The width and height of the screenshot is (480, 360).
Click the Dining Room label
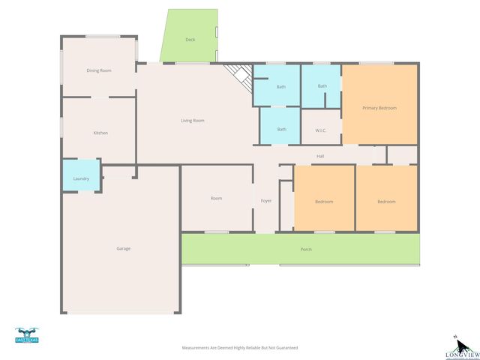point(99,70)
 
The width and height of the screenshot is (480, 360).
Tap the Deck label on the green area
point(190,40)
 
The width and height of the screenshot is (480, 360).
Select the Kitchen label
point(100,133)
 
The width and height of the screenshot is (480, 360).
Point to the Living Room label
point(193,120)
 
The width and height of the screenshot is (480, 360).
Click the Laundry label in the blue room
point(81,178)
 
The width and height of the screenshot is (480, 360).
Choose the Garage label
point(123,248)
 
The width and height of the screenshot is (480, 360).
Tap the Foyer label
point(266,201)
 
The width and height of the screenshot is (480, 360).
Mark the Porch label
point(306,249)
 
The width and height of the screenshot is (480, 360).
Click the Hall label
point(320,156)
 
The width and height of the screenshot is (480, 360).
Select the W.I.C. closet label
point(321,130)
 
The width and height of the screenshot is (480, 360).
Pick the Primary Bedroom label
point(379,108)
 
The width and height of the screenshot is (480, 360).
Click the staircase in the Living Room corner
point(238,76)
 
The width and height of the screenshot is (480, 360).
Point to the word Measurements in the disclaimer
point(199,348)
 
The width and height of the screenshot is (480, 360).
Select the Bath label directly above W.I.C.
point(322,86)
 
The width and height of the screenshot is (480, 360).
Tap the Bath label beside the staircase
point(281,87)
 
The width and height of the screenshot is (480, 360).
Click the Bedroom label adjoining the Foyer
point(324,202)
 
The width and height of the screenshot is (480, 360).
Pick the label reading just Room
point(216,198)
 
